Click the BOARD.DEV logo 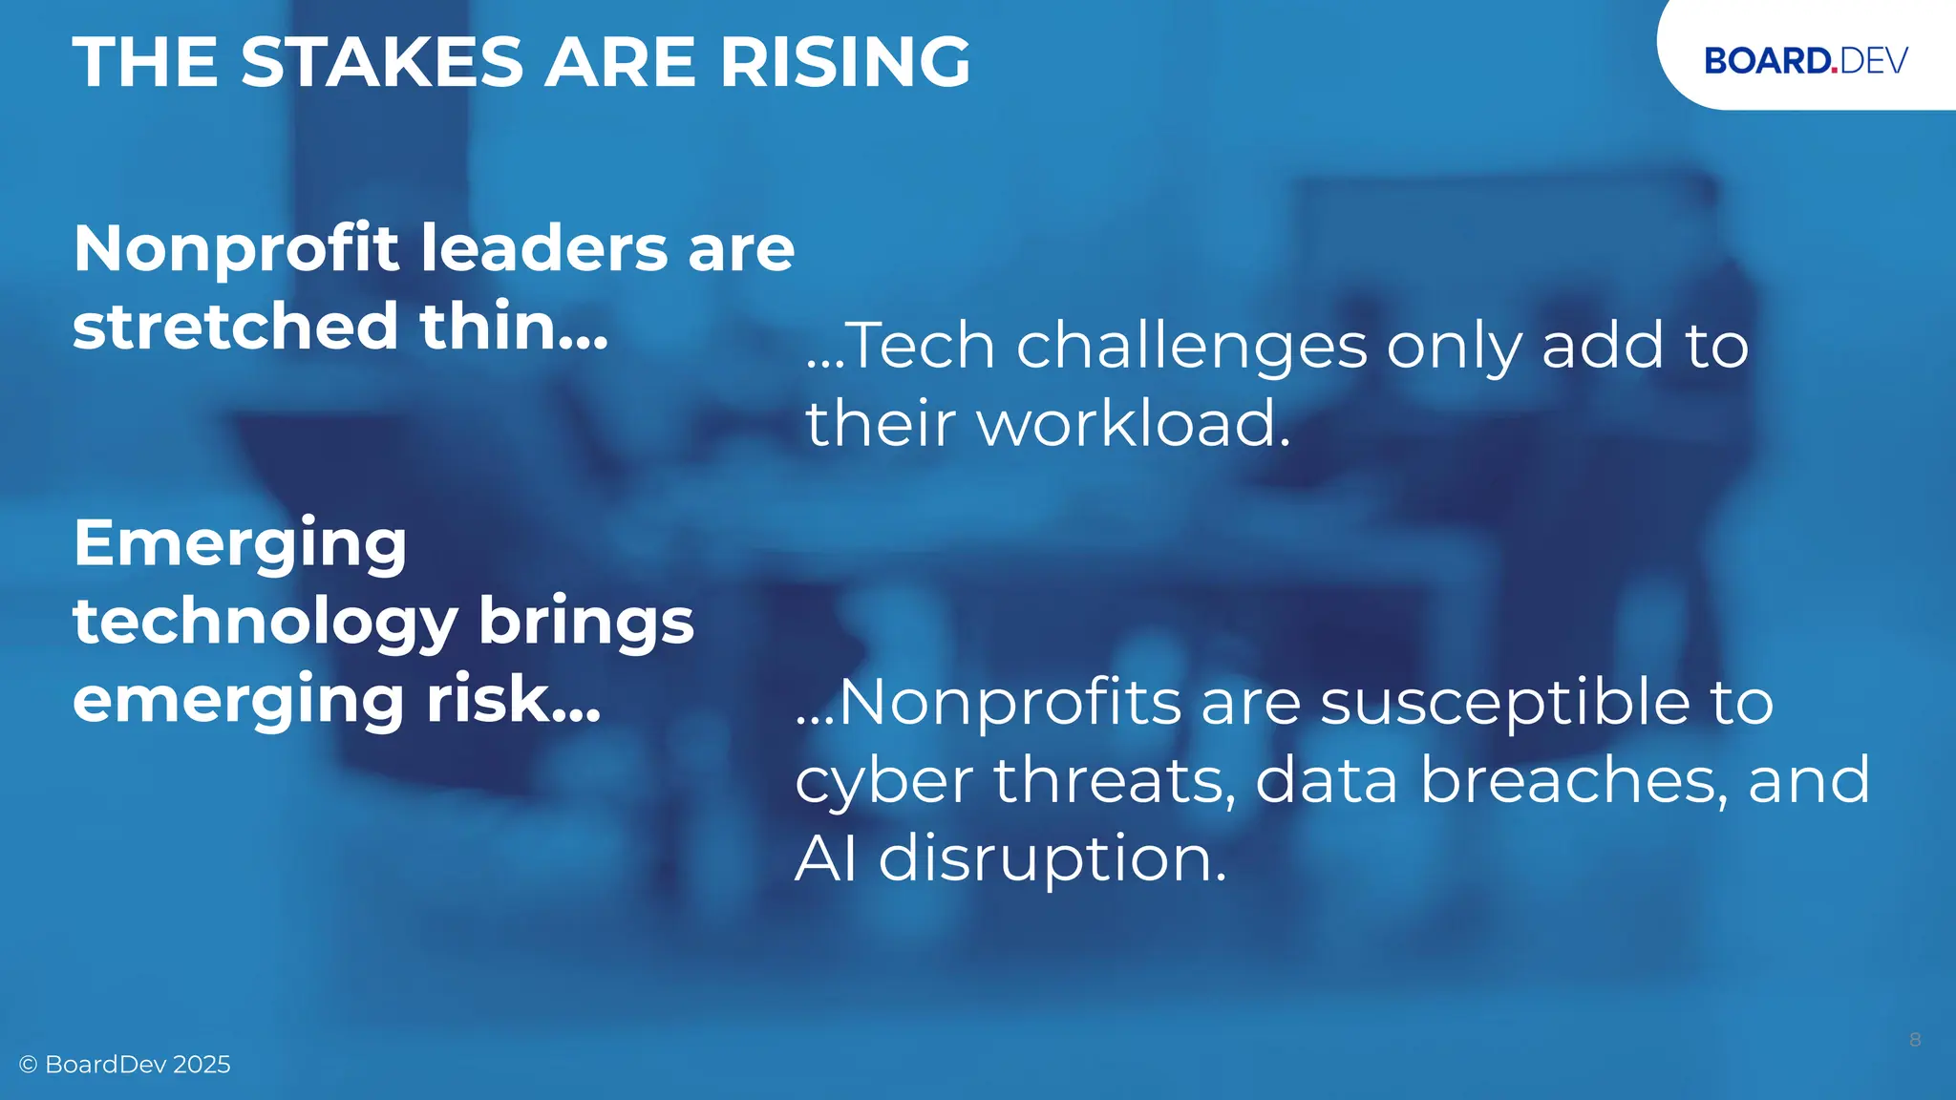pos(1805,60)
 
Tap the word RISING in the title pos(845,62)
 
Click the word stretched pos(235,327)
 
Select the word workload pos(1127,423)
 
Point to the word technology pos(266,623)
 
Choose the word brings pos(585,623)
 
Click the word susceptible pos(1505,705)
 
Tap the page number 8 pos(1915,1040)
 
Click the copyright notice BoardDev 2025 pos(125,1065)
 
